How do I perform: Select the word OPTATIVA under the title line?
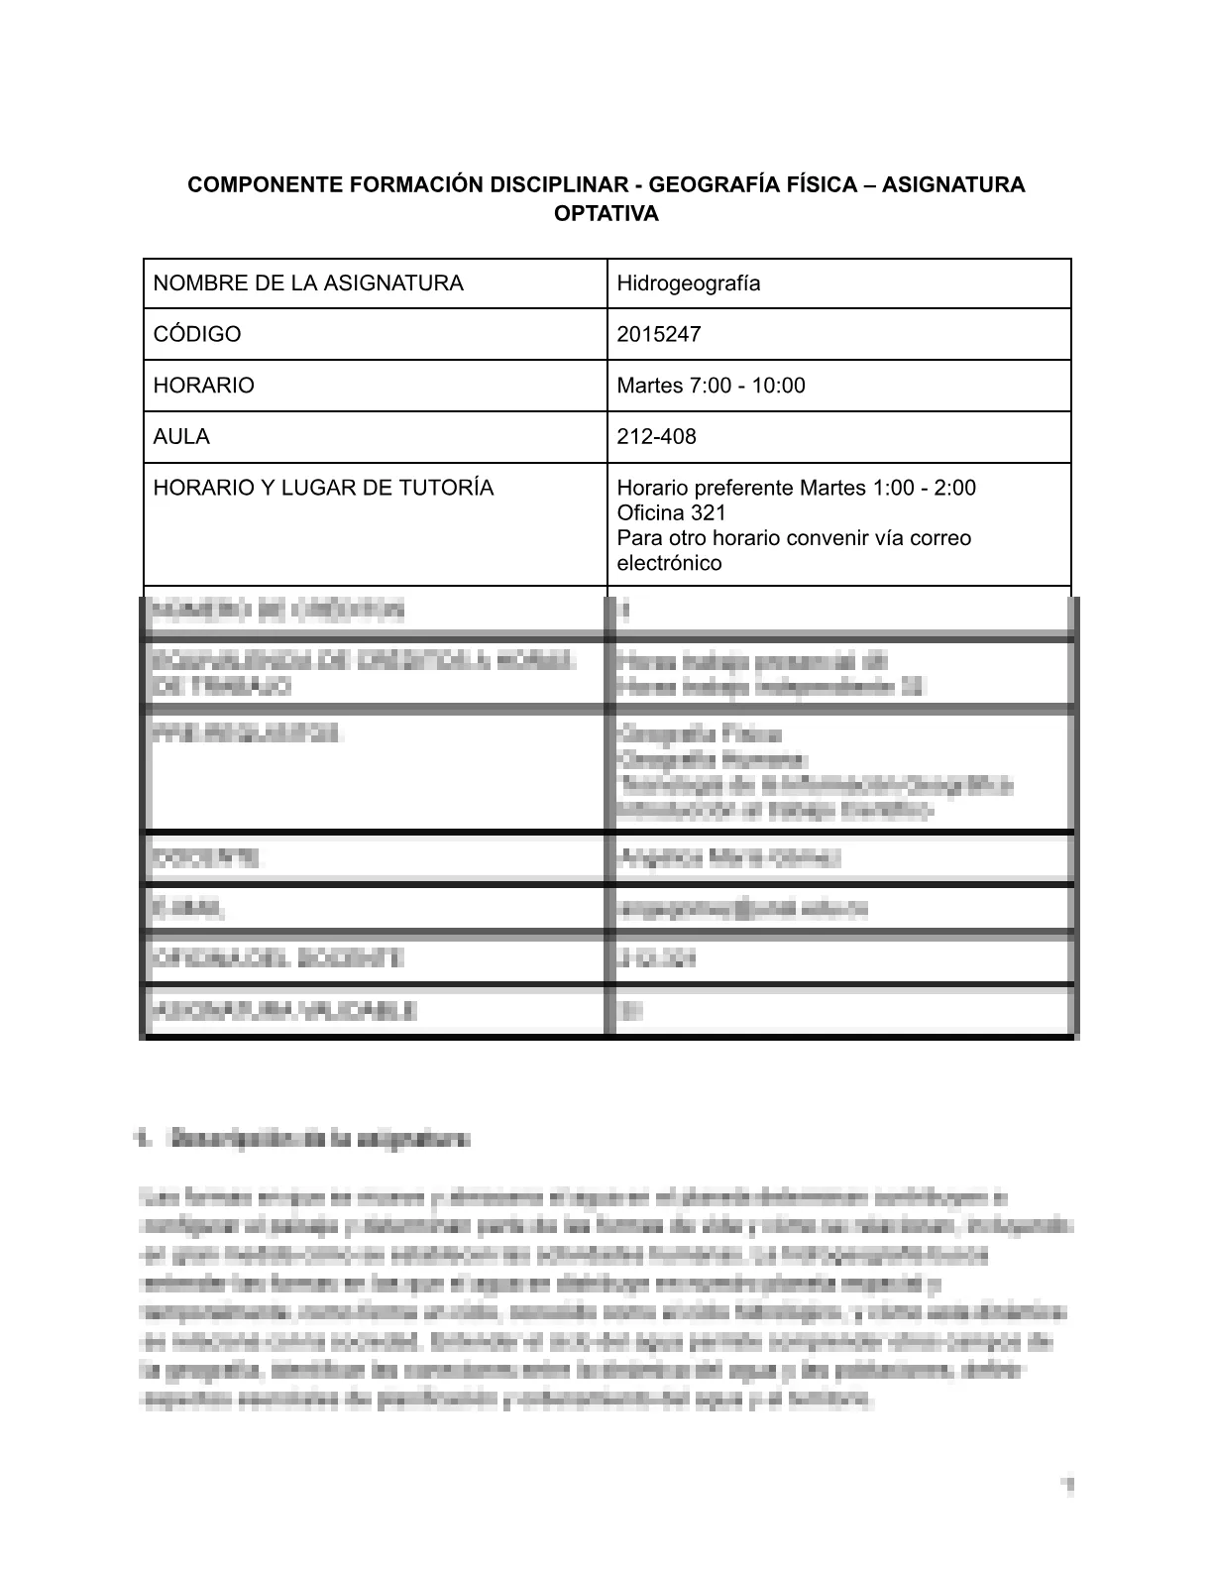[x=606, y=214]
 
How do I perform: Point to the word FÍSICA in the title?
[x=830, y=185]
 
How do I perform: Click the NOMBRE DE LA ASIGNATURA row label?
[x=308, y=283]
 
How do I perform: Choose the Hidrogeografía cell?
[x=689, y=283]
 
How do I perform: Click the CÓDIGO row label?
[x=197, y=335]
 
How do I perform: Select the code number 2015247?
[x=659, y=335]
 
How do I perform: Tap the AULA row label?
[x=181, y=437]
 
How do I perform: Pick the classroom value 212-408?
[x=656, y=437]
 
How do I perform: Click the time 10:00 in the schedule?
[x=778, y=386]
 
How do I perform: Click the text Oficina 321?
[x=671, y=513]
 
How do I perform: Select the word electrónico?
[x=669, y=564]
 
